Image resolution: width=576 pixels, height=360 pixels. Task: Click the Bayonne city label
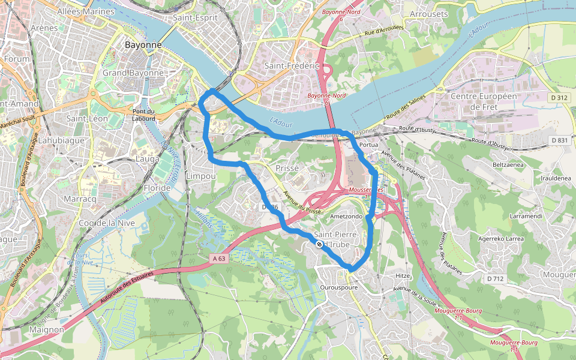[x=143, y=45]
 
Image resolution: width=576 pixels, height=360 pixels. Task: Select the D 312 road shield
[x=559, y=98]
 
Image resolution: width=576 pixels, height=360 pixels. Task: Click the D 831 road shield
[x=559, y=140]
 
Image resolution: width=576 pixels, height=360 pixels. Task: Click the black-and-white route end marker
[x=319, y=244]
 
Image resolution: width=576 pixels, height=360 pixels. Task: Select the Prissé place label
[x=286, y=169]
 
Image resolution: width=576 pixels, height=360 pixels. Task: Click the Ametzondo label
[x=346, y=216]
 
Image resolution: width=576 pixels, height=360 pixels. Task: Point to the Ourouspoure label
[x=339, y=287]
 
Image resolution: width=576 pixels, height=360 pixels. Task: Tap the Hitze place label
[x=402, y=275]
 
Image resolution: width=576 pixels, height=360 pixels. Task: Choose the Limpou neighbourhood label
[x=200, y=176]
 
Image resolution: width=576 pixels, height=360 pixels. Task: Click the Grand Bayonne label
[x=133, y=73]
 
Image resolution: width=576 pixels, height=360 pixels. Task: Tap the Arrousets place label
[x=428, y=14]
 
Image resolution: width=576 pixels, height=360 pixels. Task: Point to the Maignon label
[x=46, y=329]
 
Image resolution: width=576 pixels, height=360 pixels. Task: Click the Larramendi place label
[x=509, y=215]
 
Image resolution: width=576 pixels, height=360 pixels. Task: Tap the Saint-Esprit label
[x=194, y=17]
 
